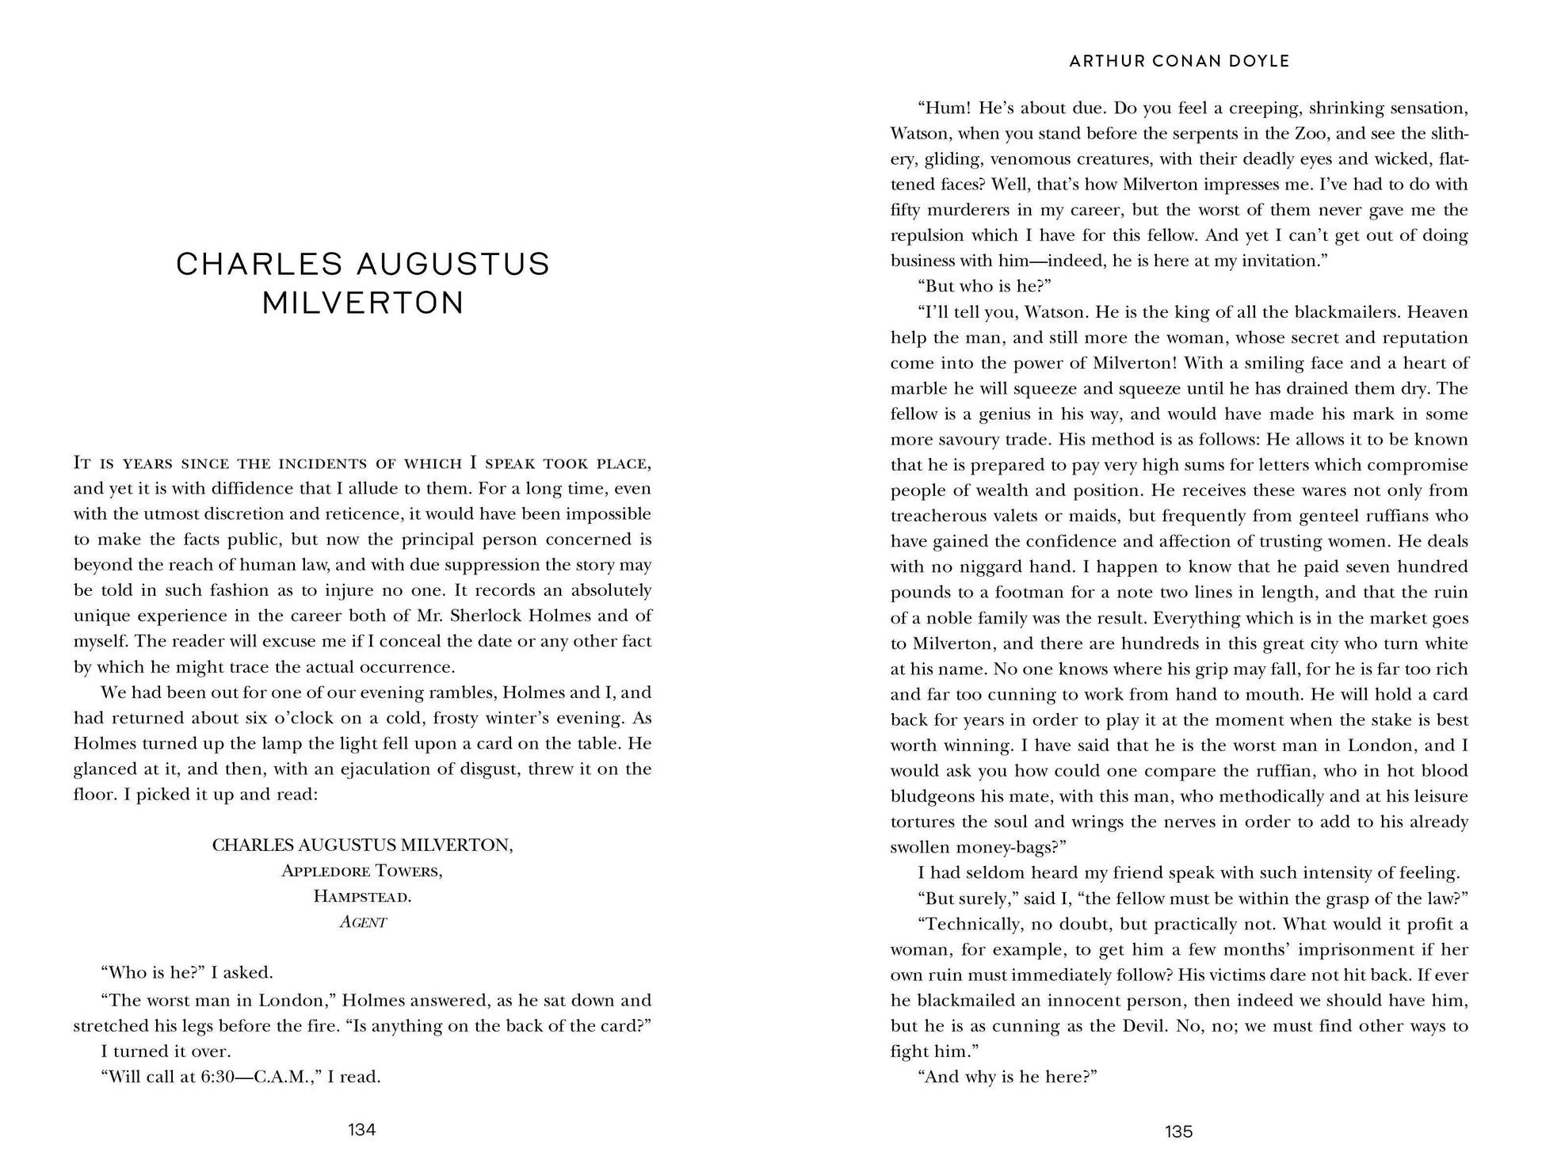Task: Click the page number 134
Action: [362, 1129]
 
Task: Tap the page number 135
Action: [1178, 1131]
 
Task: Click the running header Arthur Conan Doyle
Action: [1179, 61]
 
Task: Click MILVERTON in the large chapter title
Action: [363, 303]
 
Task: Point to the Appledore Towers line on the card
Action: [362, 871]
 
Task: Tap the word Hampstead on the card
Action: [362, 896]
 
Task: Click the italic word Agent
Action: [362, 922]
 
